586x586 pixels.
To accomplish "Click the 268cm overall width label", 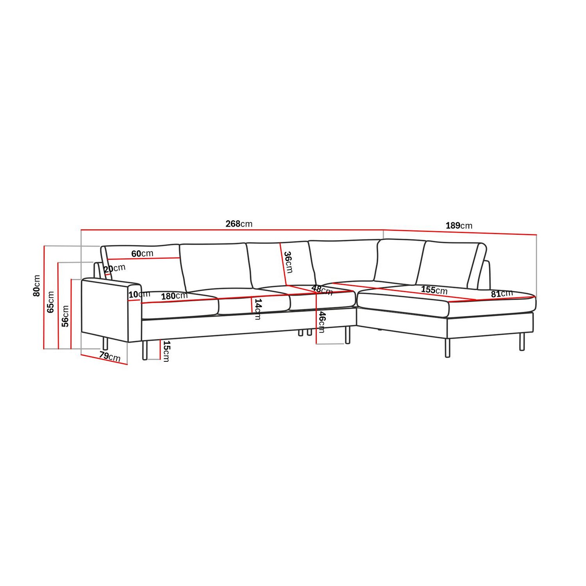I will tap(239, 224).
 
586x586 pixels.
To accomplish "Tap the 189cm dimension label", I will tap(459, 225).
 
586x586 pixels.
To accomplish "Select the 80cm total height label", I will tap(37, 286).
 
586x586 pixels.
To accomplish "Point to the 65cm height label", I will tap(51, 302).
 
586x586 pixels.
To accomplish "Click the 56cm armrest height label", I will tap(65, 316).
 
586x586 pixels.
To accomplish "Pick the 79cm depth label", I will tap(109, 356).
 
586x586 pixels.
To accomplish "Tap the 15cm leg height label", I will tap(166, 351).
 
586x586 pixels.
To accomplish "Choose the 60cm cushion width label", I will tap(142, 254).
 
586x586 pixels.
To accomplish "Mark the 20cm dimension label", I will tap(114, 268).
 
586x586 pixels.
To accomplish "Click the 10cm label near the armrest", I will tap(139, 295).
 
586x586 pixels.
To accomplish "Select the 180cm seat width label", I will tap(174, 296).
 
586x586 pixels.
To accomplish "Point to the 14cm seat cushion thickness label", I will tap(258, 309).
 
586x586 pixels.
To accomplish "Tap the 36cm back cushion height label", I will tap(288, 262).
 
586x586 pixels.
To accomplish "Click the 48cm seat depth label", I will tap(322, 290).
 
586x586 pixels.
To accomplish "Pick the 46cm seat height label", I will tap(322, 322).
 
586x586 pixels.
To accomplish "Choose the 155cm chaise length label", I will tap(434, 290).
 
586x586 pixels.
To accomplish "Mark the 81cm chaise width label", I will tap(502, 294).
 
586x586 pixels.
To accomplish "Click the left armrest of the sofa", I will tap(105, 309).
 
